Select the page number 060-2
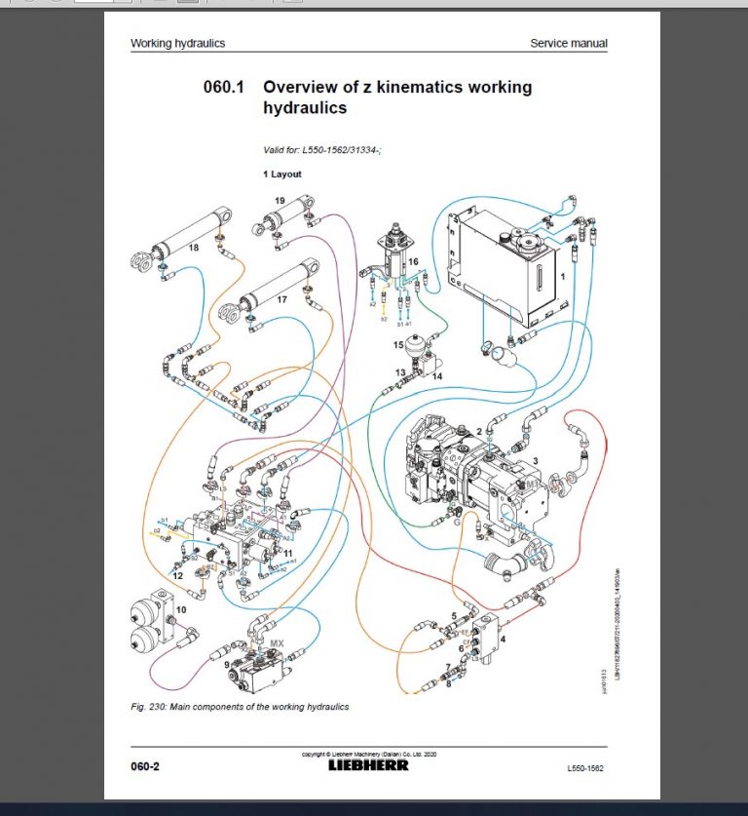click(144, 766)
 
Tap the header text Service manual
click(568, 43)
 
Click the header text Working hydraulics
click(177, 43)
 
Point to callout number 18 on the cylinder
click(194, 249)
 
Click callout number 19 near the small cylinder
click(279, 201)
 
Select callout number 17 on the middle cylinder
click(281, 300)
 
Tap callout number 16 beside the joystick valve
click(413, 262)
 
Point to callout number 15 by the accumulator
click(398, 344)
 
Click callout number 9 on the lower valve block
click(228, 665)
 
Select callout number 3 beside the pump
click(534, 460)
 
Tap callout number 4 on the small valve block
click(504, 641)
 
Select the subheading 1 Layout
click(282, 174)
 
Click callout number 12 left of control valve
click(177, 576)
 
